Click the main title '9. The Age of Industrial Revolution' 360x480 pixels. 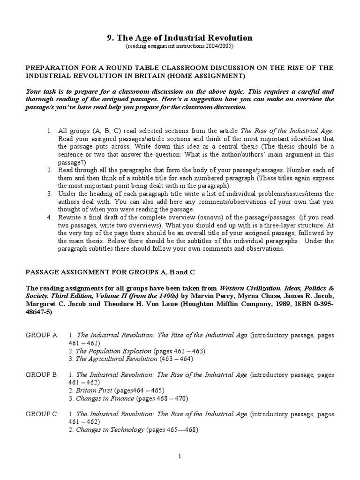tap(180, 38)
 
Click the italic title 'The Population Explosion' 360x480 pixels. tap(113, 351)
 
